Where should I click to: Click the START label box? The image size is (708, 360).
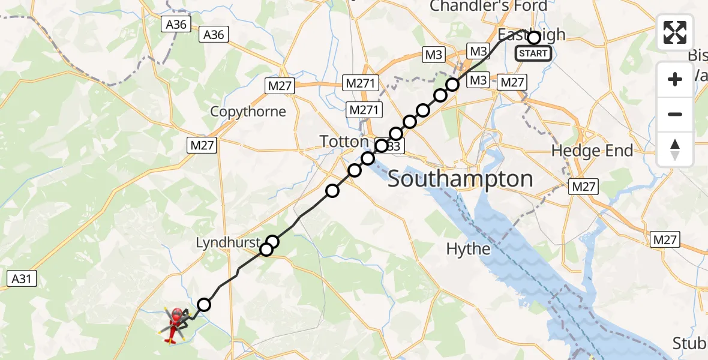point(533,53)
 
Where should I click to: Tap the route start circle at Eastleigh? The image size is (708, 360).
point(533,38)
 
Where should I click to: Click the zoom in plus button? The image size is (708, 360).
point(675,79)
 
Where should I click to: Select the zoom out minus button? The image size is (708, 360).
point(675,114)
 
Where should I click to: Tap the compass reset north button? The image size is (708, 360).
point(675,149)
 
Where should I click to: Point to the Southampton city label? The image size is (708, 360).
point(460,179)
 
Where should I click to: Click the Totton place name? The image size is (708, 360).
point(344,142)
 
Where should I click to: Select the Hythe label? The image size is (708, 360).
point(469,248)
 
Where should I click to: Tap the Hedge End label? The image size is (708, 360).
point(592,151)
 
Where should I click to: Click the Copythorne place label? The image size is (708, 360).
point(248,112)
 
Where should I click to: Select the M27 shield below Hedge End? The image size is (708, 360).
point(584,187)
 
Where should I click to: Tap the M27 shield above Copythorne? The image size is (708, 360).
point(280,86)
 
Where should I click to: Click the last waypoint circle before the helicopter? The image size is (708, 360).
point(204,305)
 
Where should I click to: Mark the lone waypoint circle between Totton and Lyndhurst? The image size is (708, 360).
point(332,191)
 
